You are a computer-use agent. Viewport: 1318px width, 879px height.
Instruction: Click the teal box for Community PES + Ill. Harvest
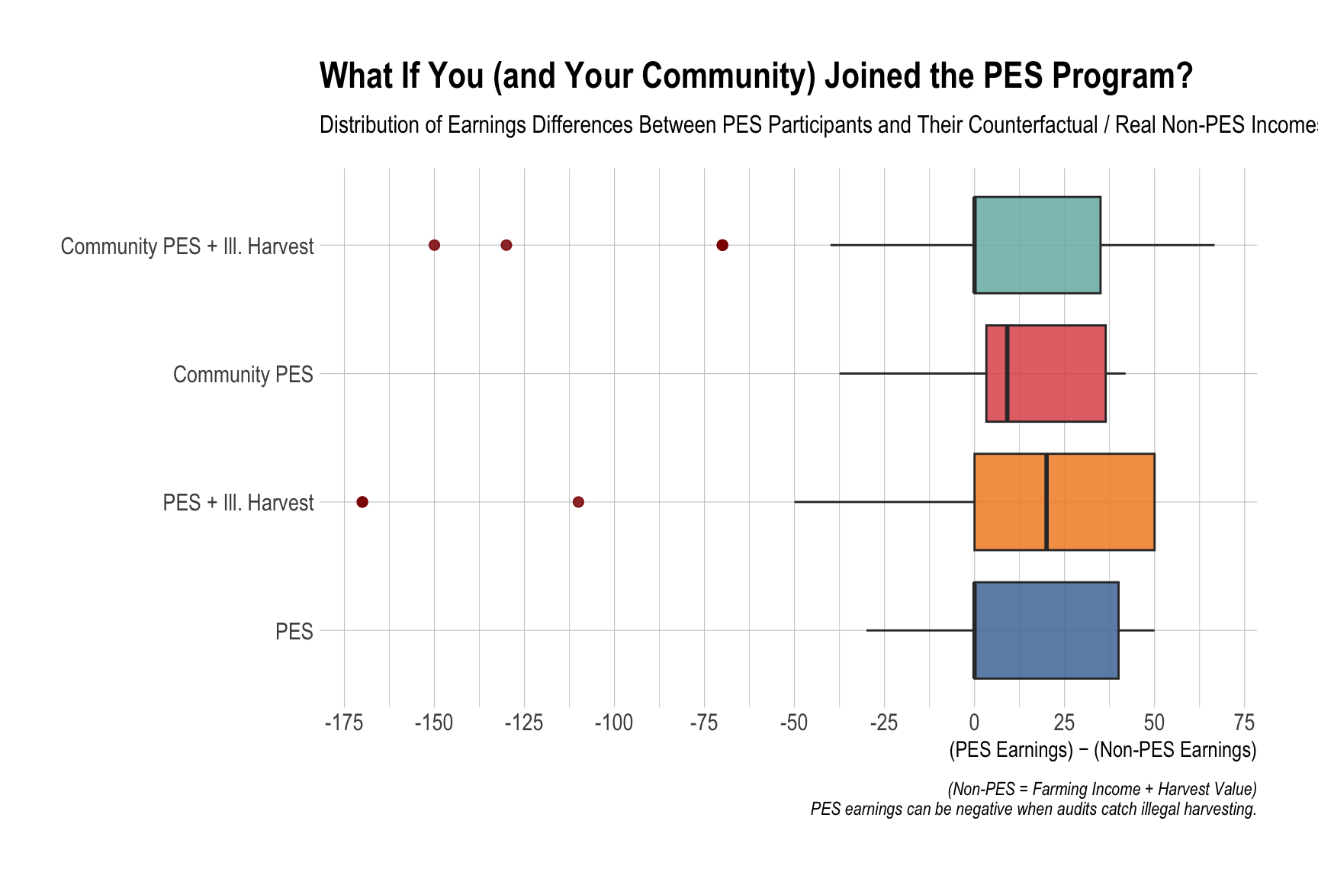[x=1037, y=245]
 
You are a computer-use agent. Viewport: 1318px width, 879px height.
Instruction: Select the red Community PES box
[x=1056, y=373]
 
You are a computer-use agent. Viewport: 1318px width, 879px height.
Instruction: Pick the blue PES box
[x=1046, y=630]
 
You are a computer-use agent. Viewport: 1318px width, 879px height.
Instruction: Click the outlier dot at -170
[x=362, y=501]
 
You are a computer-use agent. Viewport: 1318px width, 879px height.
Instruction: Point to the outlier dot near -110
[x=578, y=501]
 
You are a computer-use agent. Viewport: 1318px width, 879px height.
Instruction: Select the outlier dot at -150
[x=434, y=245]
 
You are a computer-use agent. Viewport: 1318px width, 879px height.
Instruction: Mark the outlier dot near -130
[x=506, y=245]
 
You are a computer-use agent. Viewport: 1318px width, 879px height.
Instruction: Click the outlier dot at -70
[x=722, y=245]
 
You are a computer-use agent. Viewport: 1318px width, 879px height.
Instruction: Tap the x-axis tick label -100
[x=614, y=723]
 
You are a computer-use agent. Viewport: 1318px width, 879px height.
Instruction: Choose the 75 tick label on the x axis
[x=1245, y=723]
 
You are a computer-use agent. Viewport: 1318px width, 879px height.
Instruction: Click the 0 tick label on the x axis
[x=974, y=723]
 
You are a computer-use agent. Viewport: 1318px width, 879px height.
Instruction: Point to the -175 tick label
[x=344, y=723]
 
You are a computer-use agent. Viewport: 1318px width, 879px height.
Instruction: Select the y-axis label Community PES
[x=243, y=375]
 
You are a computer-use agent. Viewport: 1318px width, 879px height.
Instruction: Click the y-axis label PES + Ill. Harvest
[x=238, y=503]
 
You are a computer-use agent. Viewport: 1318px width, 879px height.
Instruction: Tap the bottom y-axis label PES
[x=294, y=632]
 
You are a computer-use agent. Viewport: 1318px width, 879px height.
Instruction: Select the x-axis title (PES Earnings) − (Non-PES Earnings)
[x=1102, y=750]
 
